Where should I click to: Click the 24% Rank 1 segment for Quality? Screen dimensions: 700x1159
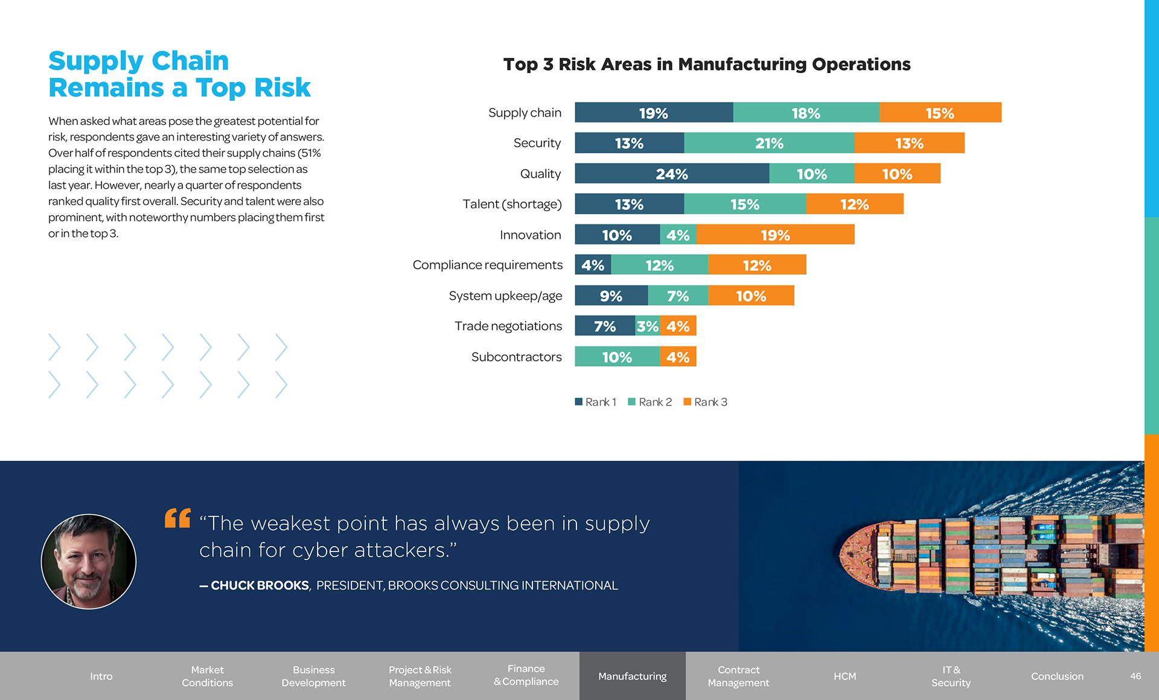tap(672, 174)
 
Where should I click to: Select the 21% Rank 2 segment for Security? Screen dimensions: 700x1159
tap(769, 143)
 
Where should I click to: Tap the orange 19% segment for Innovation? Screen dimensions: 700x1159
tap(775, 235)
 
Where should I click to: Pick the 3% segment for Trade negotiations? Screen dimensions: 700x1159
tap(648, 326)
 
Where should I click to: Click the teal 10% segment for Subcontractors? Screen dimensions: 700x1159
tap(617, 357)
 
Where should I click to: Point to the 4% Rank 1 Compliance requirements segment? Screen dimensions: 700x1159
tap(593, 265)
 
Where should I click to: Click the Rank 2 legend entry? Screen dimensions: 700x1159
tap(650, 402)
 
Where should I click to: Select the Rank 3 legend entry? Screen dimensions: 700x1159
tap(706, 402)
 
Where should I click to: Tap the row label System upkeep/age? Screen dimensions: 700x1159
tap(505, 296)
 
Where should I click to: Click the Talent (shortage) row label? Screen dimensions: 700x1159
tap(512, 204)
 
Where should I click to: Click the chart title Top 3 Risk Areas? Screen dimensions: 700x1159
tap(706, 64)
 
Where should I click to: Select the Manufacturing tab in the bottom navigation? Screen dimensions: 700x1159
tap(632, 676)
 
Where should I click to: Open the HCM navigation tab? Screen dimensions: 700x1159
tap(845, 676)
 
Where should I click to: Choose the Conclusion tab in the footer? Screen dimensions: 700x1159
tap(1057, 676)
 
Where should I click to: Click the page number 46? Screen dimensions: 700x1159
tap(1135, 676)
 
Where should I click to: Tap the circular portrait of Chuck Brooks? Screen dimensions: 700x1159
tap(89, 561)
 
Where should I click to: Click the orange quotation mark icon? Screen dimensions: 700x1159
tap(177, 518)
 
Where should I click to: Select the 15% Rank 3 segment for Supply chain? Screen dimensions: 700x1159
tap(940, 113)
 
